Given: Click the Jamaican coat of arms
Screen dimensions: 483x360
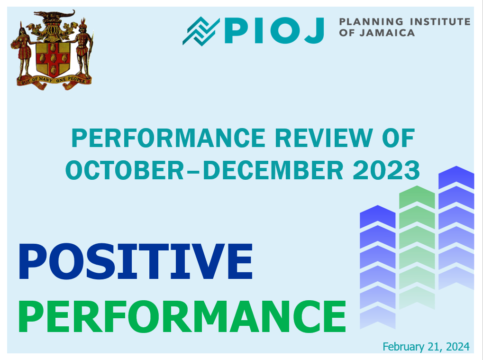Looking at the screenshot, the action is coord(52,50).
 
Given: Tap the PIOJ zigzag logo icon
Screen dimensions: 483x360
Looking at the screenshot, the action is coord(201,31).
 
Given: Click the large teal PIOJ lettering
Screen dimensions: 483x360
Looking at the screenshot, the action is coord(274,30).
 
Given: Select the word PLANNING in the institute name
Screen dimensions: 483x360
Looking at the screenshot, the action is coord(371,21).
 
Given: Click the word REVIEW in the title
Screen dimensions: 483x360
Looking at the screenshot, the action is coord(324,138).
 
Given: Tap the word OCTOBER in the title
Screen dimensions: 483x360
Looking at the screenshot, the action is coord(125,170).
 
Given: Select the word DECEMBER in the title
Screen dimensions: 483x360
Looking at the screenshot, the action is coord(273,170).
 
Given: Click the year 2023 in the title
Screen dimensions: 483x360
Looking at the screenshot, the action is coord(386,170).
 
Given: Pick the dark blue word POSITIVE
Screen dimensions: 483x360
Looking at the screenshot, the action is coord(136,261).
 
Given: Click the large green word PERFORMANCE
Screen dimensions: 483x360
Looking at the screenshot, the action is coord(182,316).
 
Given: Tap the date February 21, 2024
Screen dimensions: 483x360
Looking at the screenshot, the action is coord(426,347).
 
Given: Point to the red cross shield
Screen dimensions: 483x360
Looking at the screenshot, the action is coord(53,60).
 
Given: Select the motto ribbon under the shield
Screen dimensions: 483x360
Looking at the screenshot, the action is coord(54,82).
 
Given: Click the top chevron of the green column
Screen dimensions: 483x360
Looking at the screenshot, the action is coord(417,197).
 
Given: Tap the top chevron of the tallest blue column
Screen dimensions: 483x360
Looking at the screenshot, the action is coord(456,177).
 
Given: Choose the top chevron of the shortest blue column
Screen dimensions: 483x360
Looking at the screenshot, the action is coord(377,217).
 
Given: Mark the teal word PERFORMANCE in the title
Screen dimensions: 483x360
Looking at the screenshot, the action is coord(168,138).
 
